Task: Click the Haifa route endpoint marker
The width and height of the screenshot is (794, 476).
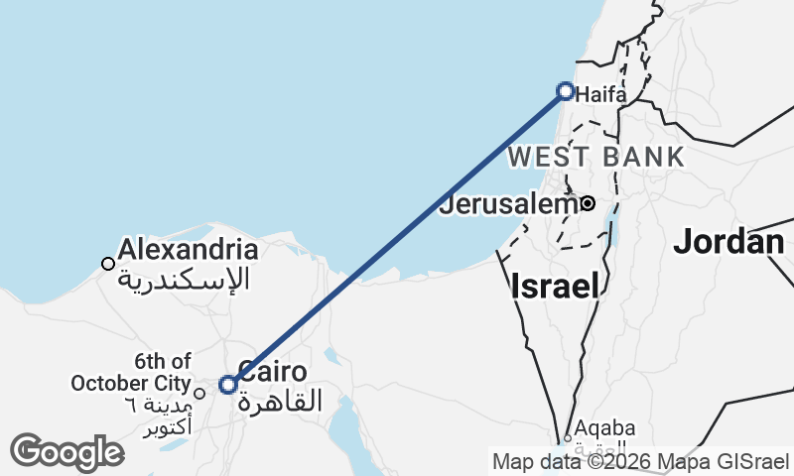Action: [x=566, y=91]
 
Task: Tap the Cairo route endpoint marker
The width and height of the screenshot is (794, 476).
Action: [x=228, y=385]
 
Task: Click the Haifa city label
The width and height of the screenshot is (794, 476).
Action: [x=601, y=95]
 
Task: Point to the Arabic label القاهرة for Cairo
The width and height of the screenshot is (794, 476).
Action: [x=282, y=402]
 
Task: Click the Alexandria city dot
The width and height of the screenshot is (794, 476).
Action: [x=107, y=264]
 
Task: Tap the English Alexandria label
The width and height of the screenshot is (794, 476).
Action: [x=189, y=250]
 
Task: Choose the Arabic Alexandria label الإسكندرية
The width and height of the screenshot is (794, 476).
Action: [x=185, y=279]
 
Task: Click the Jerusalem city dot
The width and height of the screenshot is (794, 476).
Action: [x=588, y=203]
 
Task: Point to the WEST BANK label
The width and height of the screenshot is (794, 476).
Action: [x=595, y=157]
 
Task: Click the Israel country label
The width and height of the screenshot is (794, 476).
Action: [x=556, y=288]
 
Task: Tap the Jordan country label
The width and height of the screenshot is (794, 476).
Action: [x=729, y=242]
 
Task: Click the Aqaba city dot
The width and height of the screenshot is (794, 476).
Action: [x=568, y=437]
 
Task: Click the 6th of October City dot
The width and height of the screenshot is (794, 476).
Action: [x=199, y=393]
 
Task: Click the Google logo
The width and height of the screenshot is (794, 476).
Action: [x=66, y=452]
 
